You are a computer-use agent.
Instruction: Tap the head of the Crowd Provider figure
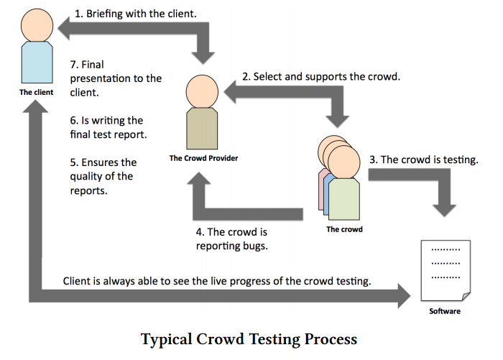202,91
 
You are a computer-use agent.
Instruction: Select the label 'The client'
36,92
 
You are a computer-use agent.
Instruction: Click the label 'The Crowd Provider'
203,157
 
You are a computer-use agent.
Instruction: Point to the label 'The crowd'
344,229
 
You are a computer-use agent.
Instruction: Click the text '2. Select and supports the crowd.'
320,75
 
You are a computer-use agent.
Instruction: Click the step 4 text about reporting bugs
231,239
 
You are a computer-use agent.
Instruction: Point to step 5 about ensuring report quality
103,177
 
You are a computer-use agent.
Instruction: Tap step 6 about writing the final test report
106,127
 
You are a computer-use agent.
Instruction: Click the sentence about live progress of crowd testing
217,280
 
